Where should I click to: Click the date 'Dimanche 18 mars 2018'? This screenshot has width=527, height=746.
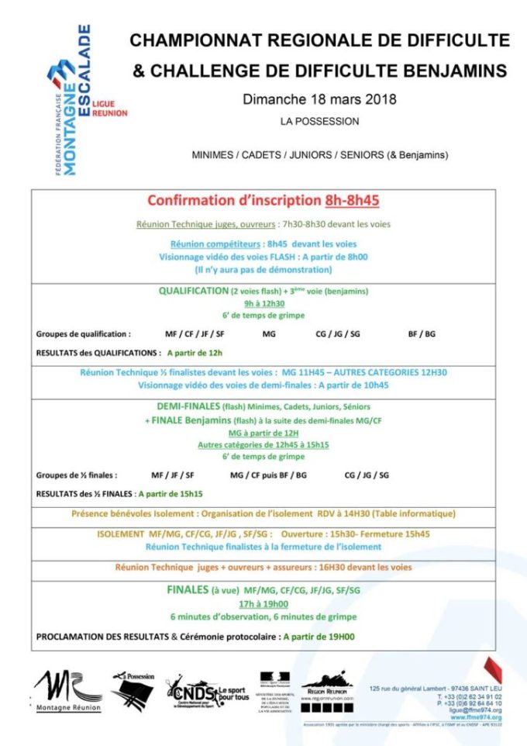pos(319,99)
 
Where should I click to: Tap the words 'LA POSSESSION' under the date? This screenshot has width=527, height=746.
pos(319,122)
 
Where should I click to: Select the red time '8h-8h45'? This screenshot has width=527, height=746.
pos(352,200)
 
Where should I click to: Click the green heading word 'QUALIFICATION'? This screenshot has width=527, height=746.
pos(193,291)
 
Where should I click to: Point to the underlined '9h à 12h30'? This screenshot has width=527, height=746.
pos(263,303)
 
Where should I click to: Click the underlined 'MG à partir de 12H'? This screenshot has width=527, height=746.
pos(263,432)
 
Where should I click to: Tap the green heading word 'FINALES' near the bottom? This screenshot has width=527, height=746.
pos(188,590)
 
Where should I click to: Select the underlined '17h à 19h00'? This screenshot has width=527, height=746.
pos(263,604)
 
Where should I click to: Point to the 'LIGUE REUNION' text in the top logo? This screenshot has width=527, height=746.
pos(109,108)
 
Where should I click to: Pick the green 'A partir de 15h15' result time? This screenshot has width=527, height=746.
pos(170,493)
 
